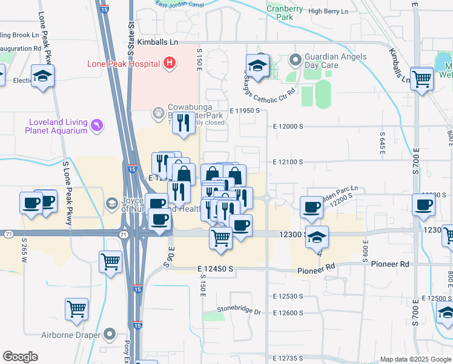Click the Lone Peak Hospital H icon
pos(170,62)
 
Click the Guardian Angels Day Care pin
pos(296,59)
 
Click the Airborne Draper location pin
pos(110,333)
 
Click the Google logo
pos(20,357)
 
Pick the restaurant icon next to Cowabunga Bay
pos(184,123)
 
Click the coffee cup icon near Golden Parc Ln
pos(312,206)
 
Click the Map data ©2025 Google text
pos(415,359)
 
